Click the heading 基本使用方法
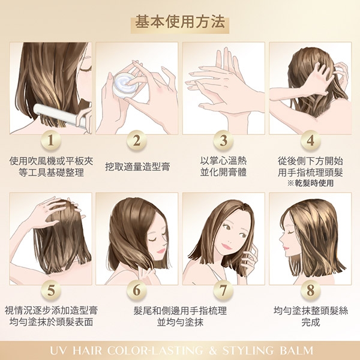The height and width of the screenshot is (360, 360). click(180, 22)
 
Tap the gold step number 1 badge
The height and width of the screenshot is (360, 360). click(51, 140)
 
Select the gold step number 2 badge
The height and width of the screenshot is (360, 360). click(137, 140)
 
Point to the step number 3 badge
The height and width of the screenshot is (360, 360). click(223, 140)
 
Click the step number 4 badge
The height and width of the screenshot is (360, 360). click(310, 140)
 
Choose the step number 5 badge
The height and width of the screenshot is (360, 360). click(51, 290)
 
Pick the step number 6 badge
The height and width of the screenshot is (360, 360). click(137, 290)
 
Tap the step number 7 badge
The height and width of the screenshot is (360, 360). click(223, 290)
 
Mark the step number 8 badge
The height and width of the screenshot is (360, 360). click(310, 290)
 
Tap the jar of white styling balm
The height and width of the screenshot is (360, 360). click(126, 85)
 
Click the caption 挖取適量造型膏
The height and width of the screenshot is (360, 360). click(137, 167)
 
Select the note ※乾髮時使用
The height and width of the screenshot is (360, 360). click(310, 183)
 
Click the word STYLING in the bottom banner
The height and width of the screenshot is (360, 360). click(247, 350)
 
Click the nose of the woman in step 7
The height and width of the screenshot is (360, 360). click(229, 242)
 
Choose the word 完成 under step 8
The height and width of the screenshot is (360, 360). click(311, 322)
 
